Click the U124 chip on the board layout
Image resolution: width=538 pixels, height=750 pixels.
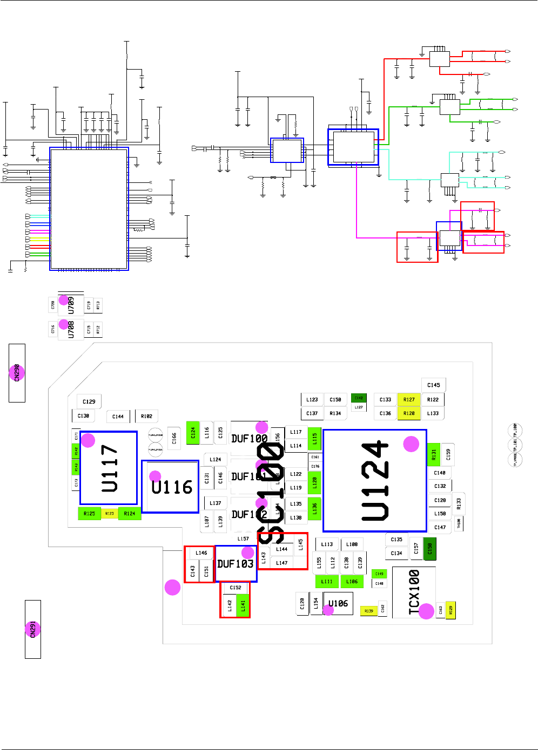pyautogui.click(x=375, y=481)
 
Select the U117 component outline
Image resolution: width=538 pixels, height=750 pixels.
pyautogui.click(x=109, y=468)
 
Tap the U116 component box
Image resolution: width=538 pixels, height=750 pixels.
pyautogui.click(x=171, y=487)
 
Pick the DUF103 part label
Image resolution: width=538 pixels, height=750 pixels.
pyautogui.click(x=236, y=564)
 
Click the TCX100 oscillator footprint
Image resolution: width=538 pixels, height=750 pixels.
pyautogui.click(x=413, y=592)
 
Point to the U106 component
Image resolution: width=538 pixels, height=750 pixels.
pyautogui.click(x=338, y=603)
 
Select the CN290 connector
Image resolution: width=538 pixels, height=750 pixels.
pyautogui.click(x=17, y=373)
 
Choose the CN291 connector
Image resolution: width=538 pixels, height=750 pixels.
pyautogui.click(x=33, y=629)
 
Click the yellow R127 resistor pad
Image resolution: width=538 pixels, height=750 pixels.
pyautogui.click(x=409, y=400)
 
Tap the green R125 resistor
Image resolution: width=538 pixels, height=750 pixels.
pyautogui.click(x=89, y=514)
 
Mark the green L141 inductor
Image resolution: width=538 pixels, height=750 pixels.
pyautogui.click(x=243, y=606)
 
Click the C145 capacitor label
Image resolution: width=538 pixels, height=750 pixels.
pyautogui.click(x=433, y=385)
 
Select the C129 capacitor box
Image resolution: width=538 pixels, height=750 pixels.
pyautogui.click(x=89, y=401)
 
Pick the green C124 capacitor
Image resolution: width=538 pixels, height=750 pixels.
pyautogui.click(x=193, y=433)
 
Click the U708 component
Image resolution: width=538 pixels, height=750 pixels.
pyautogui.click(x=71, y=329)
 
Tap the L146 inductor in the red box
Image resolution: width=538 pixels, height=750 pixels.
pyautogui.click(x=201, y=553)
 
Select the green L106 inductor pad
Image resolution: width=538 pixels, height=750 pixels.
pyautogui.click(x=352, y=582)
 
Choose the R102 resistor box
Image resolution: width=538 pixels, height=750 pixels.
pyautogui.click(x=146, y=417)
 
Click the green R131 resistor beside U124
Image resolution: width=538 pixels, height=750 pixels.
pyautogui.click(x=434, y=455)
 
